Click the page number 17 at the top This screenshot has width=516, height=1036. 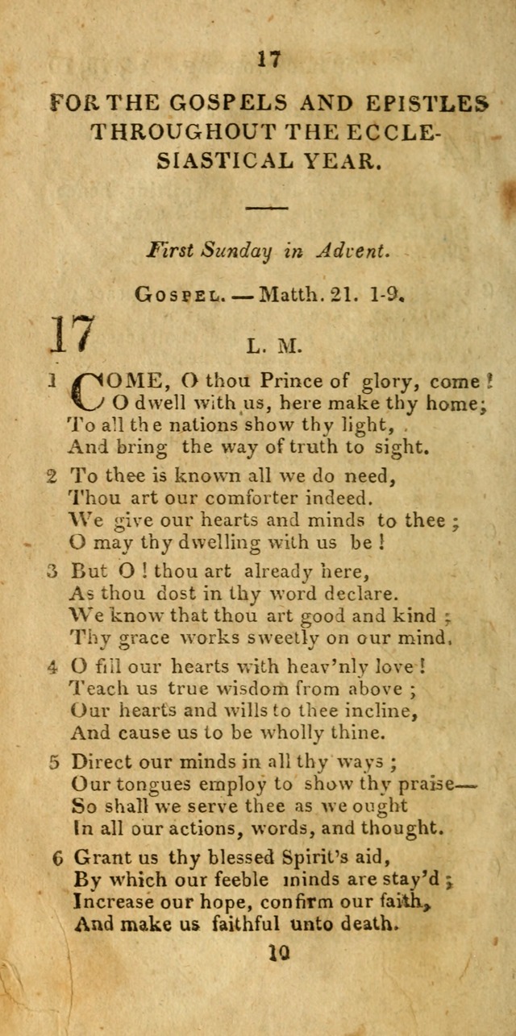pyautogui.click(x=268, y=60)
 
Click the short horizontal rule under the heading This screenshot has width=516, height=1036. pyautogui.click(x=267, y=209)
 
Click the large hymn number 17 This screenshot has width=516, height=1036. pyautogui.click(x=73, y=334)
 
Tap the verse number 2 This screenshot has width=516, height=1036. pyautogui.click(x=51, y=477)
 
